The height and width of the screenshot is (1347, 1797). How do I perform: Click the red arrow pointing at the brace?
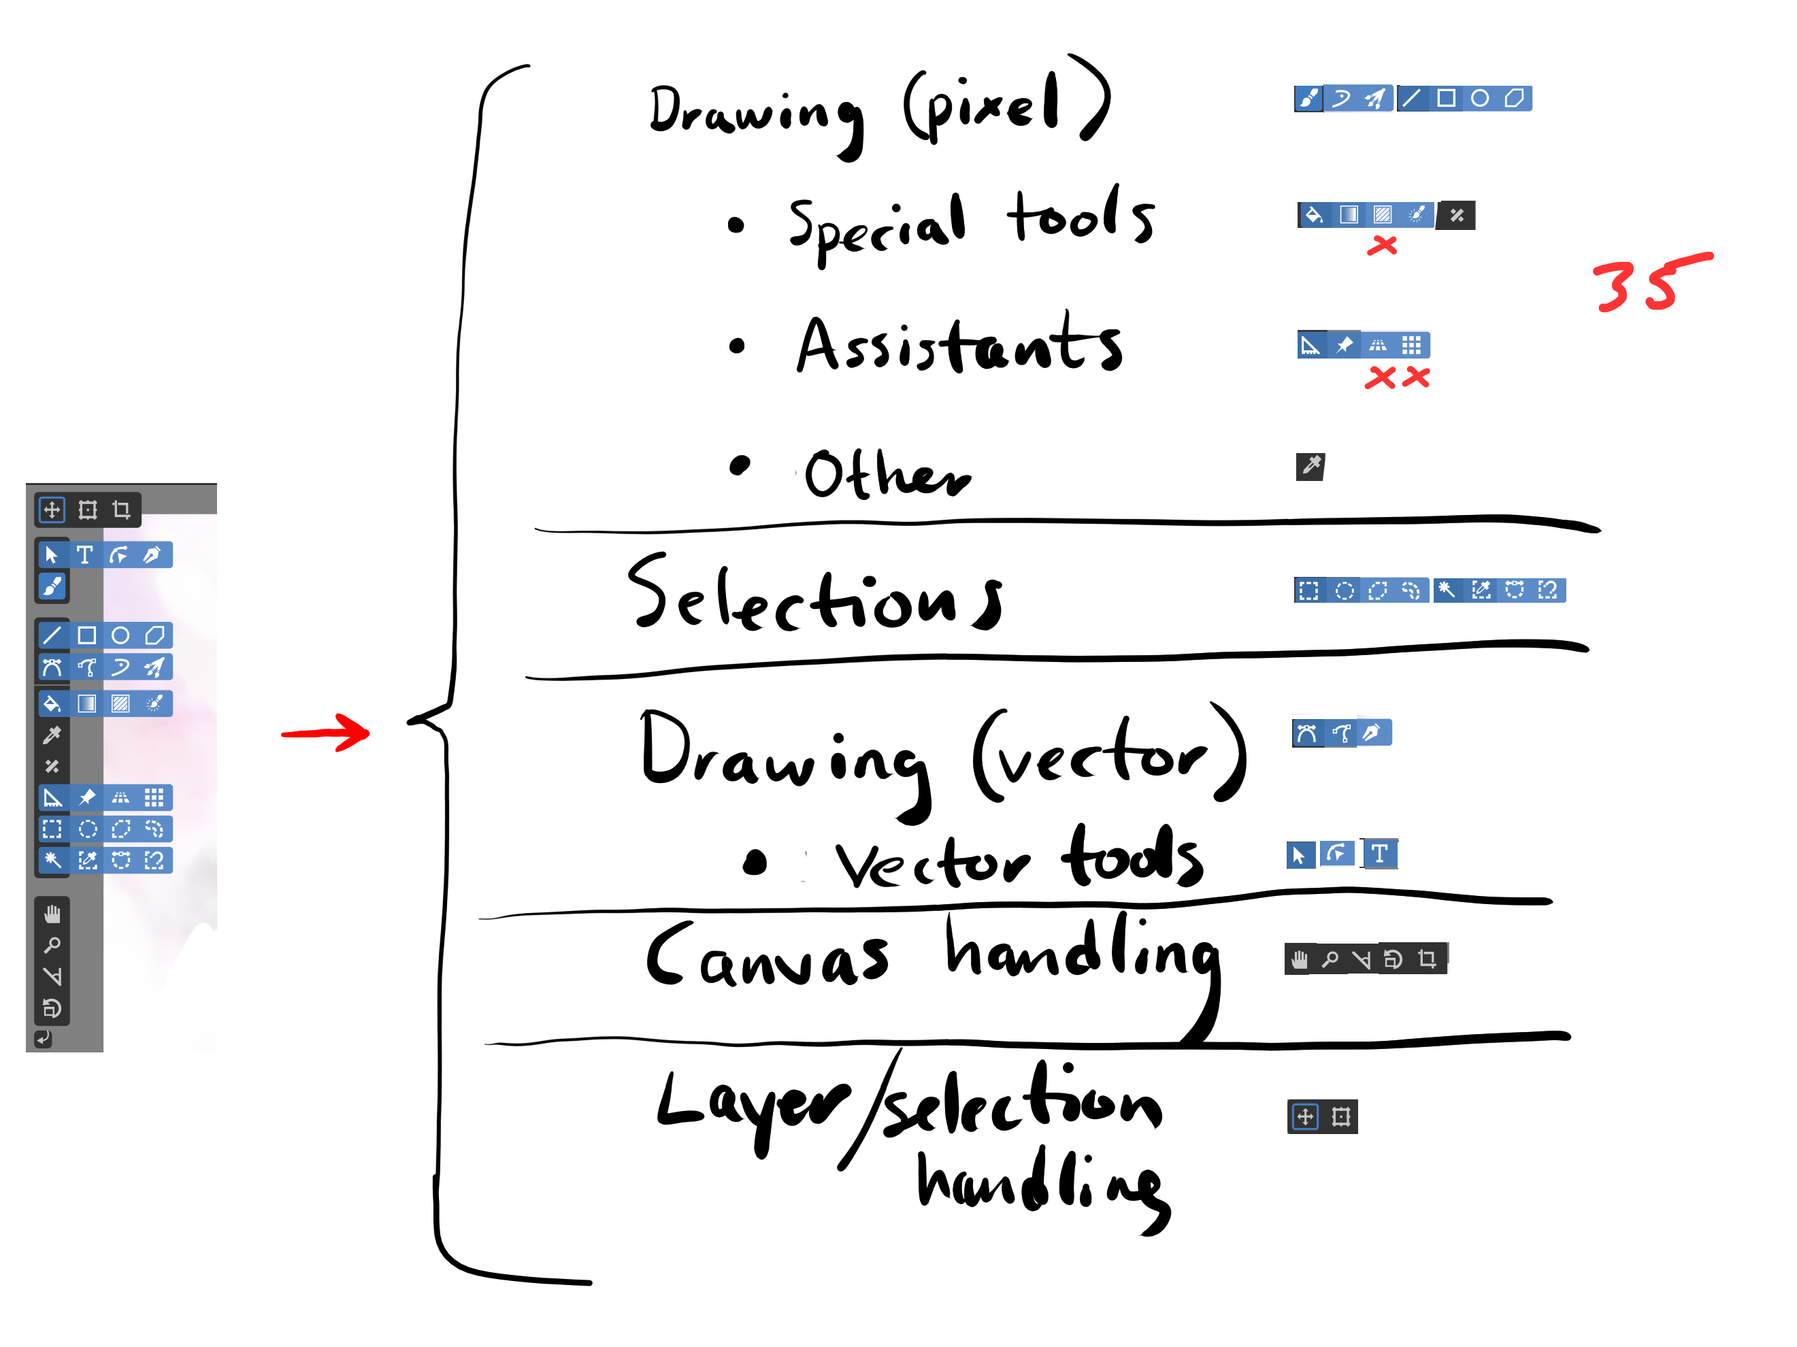point(325,733)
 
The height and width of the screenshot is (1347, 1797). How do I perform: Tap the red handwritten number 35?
point(1649,283)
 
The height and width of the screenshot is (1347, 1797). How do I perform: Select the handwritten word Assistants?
point(959,346)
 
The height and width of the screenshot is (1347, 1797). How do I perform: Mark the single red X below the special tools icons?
point(1382,246)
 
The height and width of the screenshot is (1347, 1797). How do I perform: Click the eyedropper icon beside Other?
point(1310,466)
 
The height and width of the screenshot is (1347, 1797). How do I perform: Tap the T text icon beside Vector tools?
point(1379,854)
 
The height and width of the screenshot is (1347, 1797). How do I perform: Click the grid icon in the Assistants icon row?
point(1412,346)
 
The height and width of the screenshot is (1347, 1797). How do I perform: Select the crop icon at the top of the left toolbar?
point(122,510)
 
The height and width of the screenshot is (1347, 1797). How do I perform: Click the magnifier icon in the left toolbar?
point(52,945)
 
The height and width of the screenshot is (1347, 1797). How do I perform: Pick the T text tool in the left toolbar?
point(84,555)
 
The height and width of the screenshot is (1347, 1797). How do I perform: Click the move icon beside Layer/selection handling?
point(1304,1116)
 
